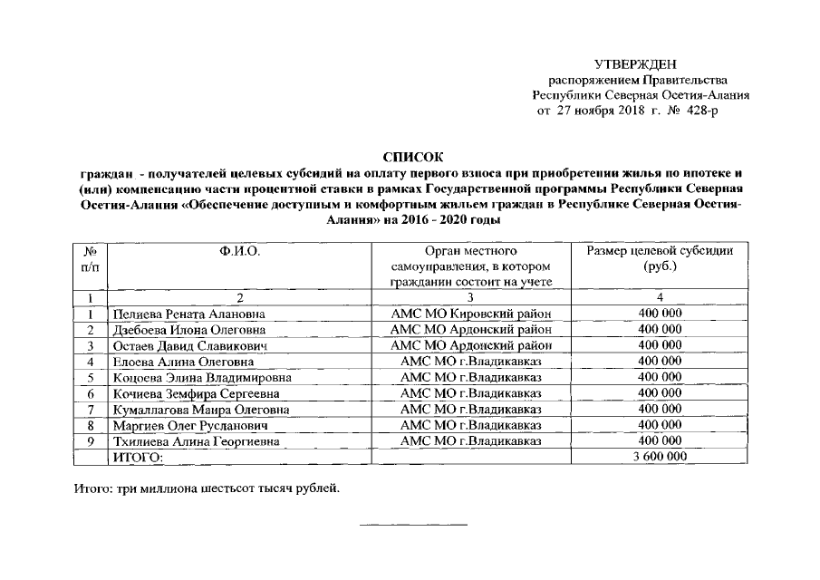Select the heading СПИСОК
410,157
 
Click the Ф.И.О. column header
239,249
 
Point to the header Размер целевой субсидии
660,249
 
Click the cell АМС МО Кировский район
470,314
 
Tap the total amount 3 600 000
660,457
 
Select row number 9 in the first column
91,441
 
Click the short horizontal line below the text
414,525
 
